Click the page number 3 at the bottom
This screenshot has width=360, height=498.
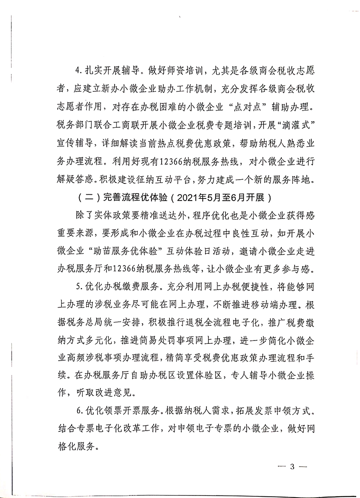(293, 466)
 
